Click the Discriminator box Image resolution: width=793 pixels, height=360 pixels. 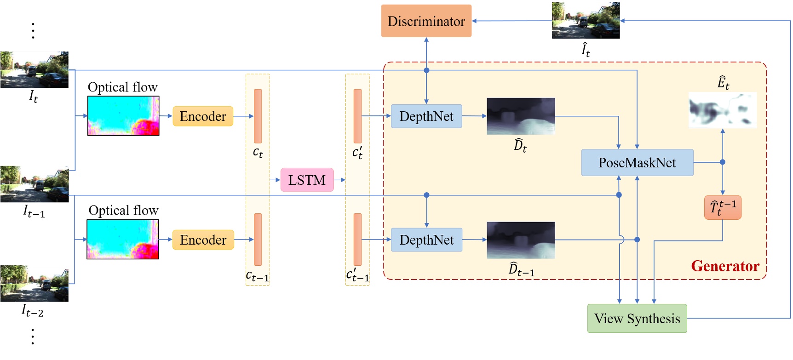click(x=426, y=21)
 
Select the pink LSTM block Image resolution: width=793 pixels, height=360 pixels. click(x=307, y=180)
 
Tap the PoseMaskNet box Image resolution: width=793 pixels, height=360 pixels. click(x=637, y=162)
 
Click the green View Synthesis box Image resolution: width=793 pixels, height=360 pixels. click(x=637, y=318)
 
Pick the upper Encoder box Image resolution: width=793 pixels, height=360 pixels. click(x=203, y=116)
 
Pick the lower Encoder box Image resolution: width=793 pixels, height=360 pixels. click(x=203, y=240)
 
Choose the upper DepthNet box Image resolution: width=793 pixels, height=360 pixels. click(x=426, y=116)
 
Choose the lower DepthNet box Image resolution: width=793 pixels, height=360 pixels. click(x=426, y=240)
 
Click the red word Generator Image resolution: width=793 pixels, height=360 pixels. click(x=725, y=266)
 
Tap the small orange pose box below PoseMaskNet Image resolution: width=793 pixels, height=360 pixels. click(x=723, y=207)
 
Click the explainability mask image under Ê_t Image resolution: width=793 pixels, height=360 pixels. click(x=722, y=110)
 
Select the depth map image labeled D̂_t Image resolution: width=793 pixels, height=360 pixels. click(x=521, y=116)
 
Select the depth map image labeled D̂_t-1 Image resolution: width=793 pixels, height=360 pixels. click(x=521, y=240)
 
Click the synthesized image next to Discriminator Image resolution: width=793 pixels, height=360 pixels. click(x=586, y=20)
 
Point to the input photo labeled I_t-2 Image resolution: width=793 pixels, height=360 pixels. click(x=34, y=283)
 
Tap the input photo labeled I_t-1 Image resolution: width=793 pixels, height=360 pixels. click(x=34, y=184)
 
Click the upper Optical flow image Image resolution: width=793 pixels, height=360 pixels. click(x=123, y=116)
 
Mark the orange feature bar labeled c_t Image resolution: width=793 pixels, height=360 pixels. click(x=258, y=116)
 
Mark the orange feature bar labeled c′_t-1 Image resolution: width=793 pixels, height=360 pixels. click(x=357, y=239)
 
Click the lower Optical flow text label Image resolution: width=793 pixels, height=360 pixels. click(x=123, y=211)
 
